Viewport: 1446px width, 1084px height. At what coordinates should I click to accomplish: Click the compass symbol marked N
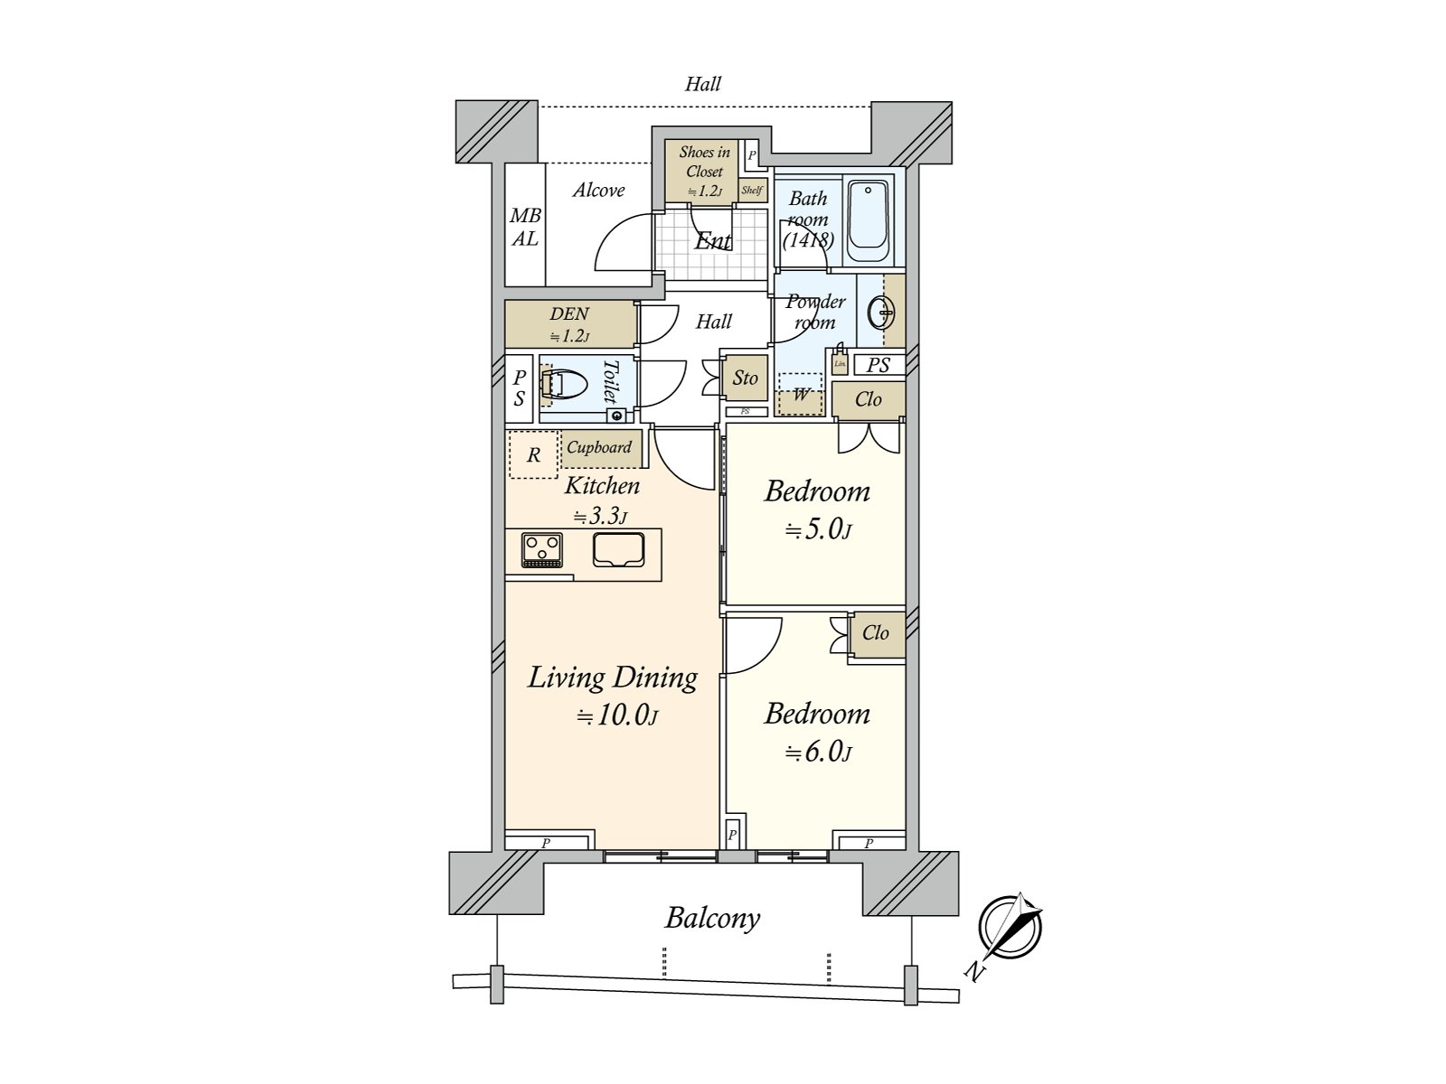click(x=1010, y=928)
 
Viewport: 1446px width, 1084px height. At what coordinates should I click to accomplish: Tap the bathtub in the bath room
click(x=869, y=220)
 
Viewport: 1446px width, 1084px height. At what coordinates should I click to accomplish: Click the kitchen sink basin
click(x=618, y=549)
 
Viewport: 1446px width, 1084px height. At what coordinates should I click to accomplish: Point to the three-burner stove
click(x=542, y=549)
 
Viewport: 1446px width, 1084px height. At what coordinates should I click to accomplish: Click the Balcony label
click(x=712, y=919)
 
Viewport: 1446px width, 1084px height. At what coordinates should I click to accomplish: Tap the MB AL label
click(x=525, y=227)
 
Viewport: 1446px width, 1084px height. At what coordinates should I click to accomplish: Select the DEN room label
click(x=569, y=323)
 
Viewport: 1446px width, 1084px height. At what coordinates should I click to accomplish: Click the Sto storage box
click(x=745, y=378)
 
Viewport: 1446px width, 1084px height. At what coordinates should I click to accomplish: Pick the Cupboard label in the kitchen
click(x=599, y=447)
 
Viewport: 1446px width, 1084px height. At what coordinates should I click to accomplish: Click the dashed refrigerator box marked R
click(x=533, y=454)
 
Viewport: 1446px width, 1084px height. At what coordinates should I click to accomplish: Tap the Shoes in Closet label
click(x=704, y=163)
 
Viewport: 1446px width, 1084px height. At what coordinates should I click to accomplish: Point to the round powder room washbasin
click(x=879, y=313)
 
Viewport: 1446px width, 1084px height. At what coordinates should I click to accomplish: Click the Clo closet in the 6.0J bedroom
click(x=875, y=632)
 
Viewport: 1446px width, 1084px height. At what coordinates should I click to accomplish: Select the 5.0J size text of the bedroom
click(x=817, y=530)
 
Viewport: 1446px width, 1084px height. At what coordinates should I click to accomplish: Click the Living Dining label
click(x=612, y=677)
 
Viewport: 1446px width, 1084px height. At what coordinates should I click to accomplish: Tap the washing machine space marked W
click(x=801, y=395)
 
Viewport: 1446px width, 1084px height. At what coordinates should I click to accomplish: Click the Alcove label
click(x=598, y=191)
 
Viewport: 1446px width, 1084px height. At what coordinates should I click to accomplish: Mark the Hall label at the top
click(x=702, y=84)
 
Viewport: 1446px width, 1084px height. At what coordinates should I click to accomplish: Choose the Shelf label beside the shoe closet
click(x=752, y=191)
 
